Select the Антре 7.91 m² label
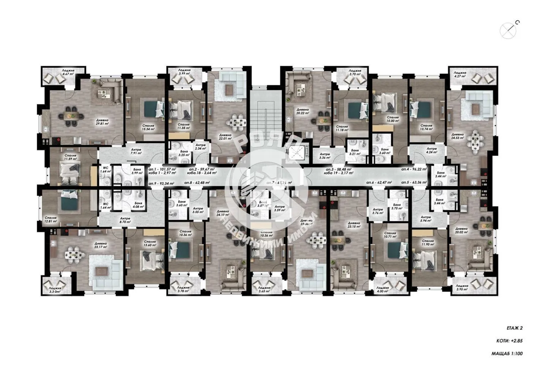(135, 151)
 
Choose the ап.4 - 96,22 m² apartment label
(414, 170)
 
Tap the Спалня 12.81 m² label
(50, 220)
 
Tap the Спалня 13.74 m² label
(427, 127)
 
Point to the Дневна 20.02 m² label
(461, 231)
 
